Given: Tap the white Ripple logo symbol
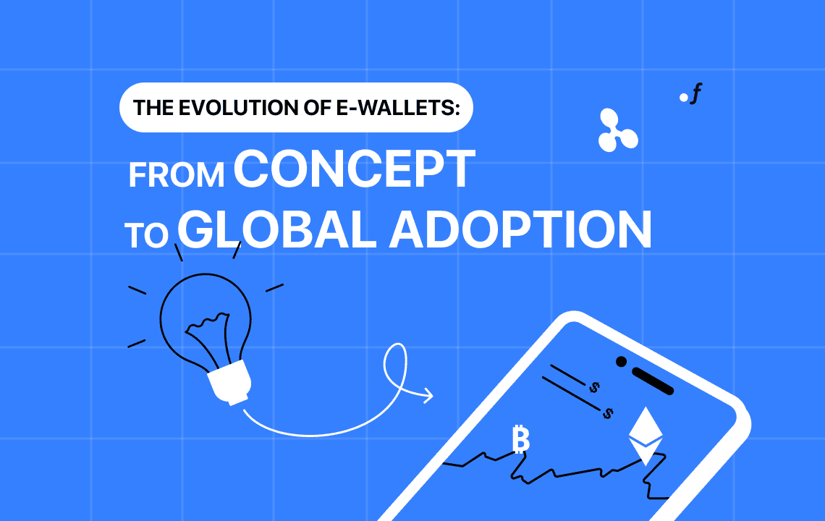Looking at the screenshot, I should [x=617, y=130].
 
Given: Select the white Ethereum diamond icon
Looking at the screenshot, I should [x=645, y=435].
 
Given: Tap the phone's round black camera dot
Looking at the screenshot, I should [x=620, y=361].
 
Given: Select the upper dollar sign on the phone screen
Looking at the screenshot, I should [x=594, y=388].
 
